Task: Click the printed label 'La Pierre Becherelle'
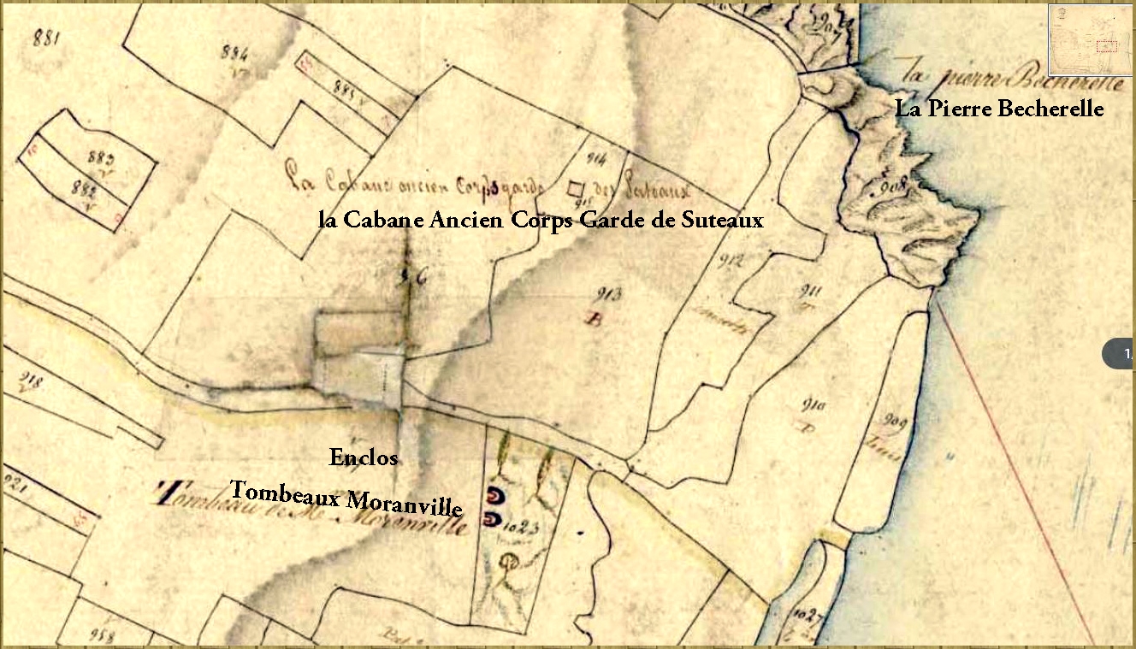[999, 109]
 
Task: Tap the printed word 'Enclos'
[364, 458]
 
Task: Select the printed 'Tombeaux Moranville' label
[346, 499]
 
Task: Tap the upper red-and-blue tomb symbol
[494, 495]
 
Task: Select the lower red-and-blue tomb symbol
[494, 518]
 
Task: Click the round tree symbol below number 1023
[511, 562]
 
